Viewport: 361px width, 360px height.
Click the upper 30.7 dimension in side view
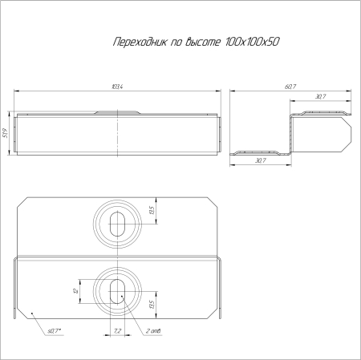(x=320, y=97)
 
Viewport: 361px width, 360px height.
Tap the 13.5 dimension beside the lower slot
(x=152, y=305)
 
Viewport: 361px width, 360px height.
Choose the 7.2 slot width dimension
(x=117, y=330)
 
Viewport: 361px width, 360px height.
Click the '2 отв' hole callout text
(x=155, y=330)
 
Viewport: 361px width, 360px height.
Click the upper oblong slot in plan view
(x=117, y=223)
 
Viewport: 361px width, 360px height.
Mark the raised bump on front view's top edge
(x=117, y=113)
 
